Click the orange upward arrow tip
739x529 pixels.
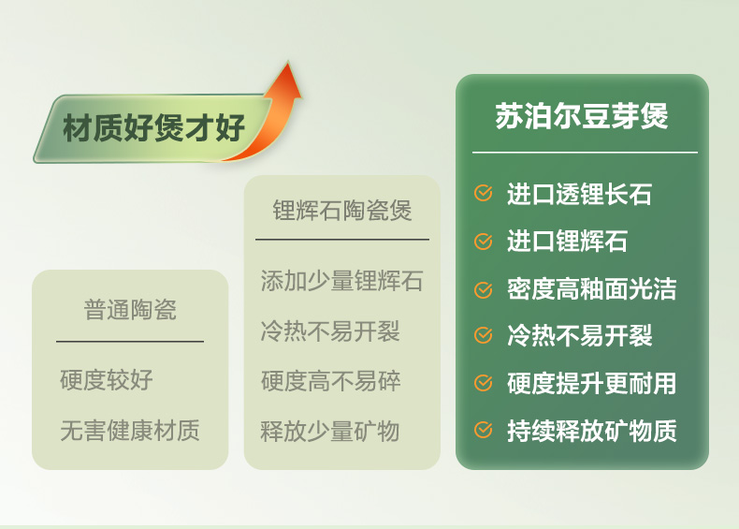288,63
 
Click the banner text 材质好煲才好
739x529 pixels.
153,127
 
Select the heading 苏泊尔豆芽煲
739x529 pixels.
582,115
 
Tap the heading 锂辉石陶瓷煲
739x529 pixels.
342,211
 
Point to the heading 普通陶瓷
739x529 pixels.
130,310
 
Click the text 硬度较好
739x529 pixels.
107,380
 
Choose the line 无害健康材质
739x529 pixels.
130,431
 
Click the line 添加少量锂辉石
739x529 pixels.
341,281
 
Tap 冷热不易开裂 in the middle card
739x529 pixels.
330,331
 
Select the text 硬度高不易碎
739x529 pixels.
331,381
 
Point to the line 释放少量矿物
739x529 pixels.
330,432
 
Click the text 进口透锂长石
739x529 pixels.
579,194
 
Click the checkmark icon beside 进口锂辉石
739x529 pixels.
483,242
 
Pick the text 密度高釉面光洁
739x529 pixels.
591,288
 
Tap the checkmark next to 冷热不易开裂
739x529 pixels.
483,335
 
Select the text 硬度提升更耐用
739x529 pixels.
591,383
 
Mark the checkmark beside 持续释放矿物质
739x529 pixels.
483,430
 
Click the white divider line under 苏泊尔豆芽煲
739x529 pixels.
585,153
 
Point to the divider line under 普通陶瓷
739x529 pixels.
130,341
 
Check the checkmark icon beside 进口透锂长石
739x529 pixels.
483,193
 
